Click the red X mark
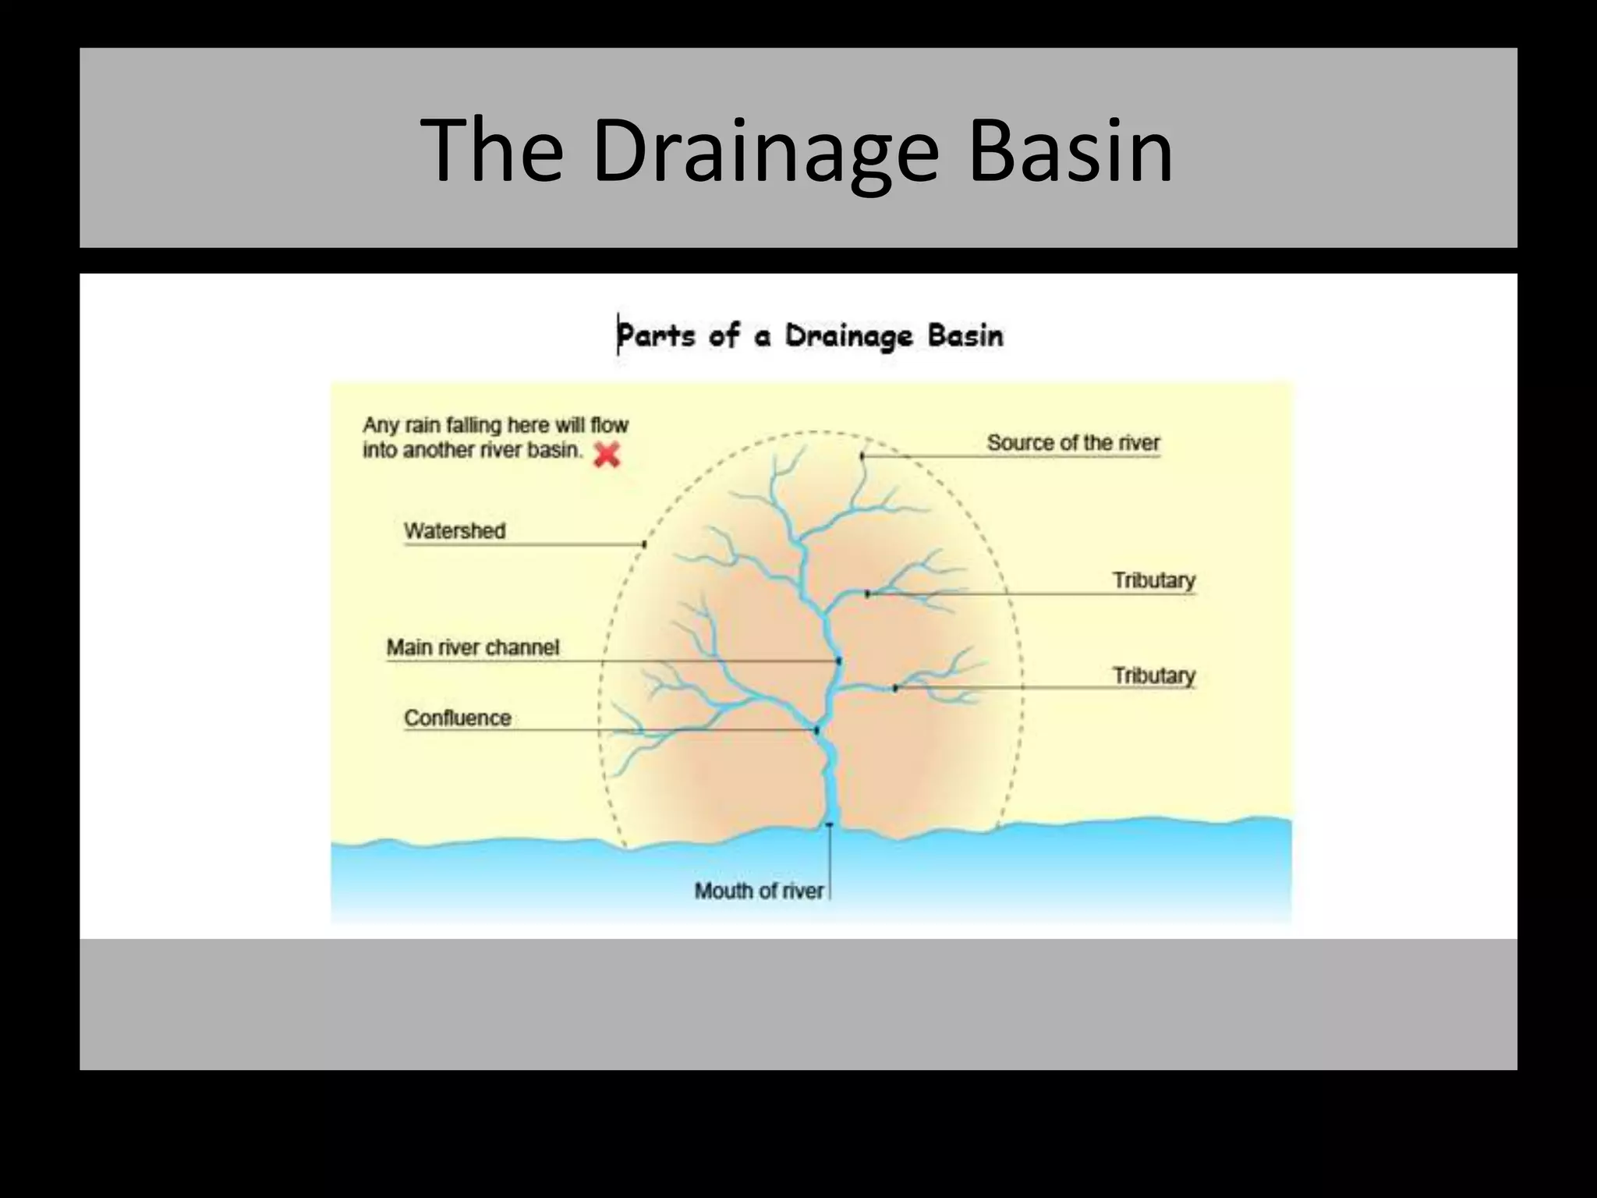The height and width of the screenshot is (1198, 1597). click(x=607, y=454)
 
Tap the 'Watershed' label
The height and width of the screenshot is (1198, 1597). click(x=455, y=530)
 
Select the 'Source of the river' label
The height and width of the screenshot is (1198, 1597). click(x=1073, y=442)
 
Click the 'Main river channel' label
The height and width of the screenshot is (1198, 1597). click(x=473, y=647)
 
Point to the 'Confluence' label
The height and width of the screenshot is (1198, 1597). click(x=457, y=718)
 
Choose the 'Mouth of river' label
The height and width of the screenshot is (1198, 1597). click(x=758, y=891)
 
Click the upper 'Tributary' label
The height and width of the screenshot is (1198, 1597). click(x=1153, y=580)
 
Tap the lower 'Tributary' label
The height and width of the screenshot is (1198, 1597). click(x=1153, y=675)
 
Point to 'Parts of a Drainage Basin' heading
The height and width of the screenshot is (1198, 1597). click(x=811, y=336)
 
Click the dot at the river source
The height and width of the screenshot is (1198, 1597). click(x=862, y=455)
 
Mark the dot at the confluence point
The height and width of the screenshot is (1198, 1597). click(x=816, y=731)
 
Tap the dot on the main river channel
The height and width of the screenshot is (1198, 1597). click(x=839, y=661)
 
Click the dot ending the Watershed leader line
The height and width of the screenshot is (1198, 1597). click(x=644, y=544)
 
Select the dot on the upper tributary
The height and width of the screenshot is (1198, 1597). click(x=867, y=594)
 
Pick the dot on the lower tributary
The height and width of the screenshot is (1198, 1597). click(x=895, y=688)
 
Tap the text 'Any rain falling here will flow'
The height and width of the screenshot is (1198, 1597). click(x=495, y=425)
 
